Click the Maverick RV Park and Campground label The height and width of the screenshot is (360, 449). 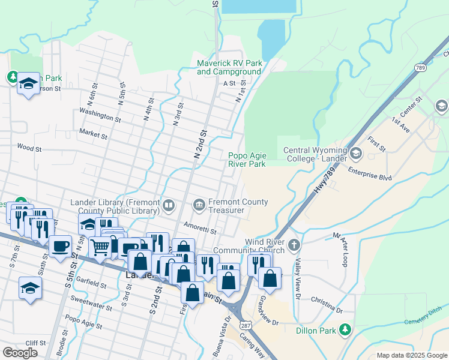tap(229, 67)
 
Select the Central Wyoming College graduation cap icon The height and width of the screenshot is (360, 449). tap(356, 154)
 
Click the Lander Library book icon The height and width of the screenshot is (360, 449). tap(169, 206)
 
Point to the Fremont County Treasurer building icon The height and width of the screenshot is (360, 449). tap(199, 206)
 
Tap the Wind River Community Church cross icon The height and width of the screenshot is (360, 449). tap(294, 245)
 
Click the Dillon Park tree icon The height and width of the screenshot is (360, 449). tap(345, 329)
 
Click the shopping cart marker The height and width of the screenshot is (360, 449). tap(100, 247)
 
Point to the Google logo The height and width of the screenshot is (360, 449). tap(20, 352)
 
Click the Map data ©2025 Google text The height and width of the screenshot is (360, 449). tap(411, 355)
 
